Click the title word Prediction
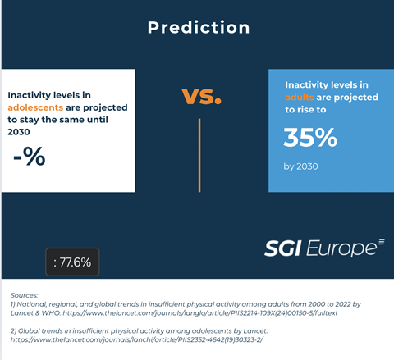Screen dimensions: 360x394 198,28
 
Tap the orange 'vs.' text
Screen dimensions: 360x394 201,97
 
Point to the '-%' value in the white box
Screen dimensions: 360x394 30,155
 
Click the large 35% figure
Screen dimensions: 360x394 310,138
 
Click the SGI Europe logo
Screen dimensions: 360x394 324,247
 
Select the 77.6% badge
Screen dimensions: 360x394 72,263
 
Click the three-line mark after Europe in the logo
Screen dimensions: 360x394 379,243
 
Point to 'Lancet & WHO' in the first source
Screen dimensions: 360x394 41,314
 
